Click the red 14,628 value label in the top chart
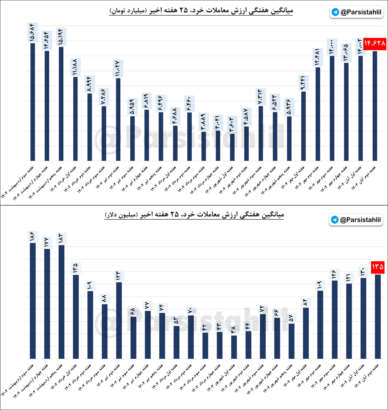[375, 43]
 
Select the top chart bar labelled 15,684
[33, 102]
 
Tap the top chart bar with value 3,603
[232, 147]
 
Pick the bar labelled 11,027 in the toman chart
[118, 120]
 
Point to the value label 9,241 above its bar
[303, 83]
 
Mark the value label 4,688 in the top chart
[175, 116]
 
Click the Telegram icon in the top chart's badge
[335, 12]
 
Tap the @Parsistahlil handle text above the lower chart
[360, 220]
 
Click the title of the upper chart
[201, 11]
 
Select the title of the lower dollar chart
[194, 214]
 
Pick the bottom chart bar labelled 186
[33, 301]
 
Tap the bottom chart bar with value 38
[234, 347]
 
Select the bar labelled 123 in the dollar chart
[119, 320]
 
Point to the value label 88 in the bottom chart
[104, 299]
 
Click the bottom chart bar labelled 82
[306, 333]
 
